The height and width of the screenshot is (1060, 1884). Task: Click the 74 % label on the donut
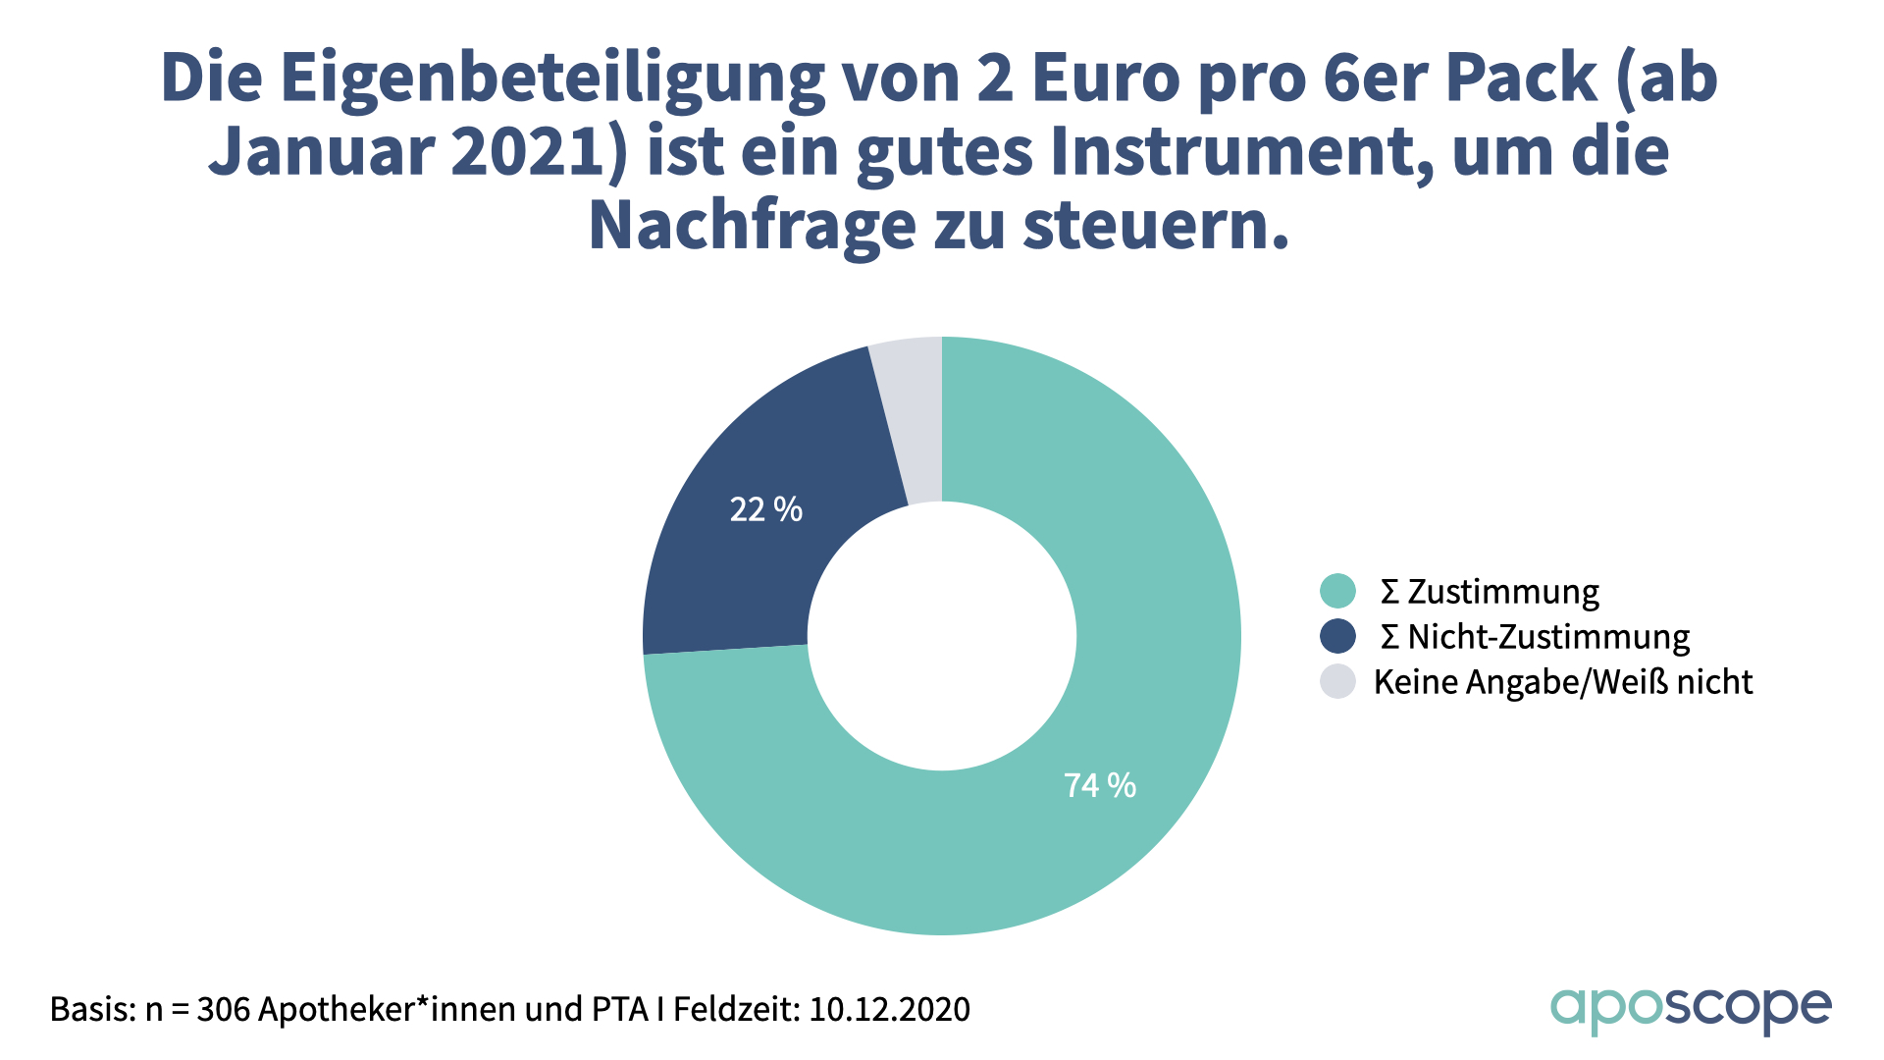pos(1100,785)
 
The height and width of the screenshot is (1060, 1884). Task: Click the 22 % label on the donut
pos(765,509)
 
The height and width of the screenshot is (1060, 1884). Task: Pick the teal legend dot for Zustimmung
pos(1337,591)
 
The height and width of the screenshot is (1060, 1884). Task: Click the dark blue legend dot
pos(1337,636)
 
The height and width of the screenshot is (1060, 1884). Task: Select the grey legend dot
pos(1337,681)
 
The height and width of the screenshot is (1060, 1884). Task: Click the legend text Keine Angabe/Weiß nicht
pos(1562,682)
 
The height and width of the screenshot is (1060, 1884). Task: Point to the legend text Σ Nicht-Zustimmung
pos(1535,637)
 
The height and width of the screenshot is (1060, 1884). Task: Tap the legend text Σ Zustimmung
pos(1490,592)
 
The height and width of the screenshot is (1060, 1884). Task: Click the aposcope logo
pos(1690,1009)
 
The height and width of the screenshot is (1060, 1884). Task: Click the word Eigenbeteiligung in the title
pos(552,79)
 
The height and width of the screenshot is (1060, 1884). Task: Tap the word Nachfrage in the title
pos(752,226)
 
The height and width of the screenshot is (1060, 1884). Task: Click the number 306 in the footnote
pos(223,1009)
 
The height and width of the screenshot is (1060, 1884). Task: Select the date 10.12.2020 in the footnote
pos(889,1009)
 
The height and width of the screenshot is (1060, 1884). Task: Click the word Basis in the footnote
pos(92,1009)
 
